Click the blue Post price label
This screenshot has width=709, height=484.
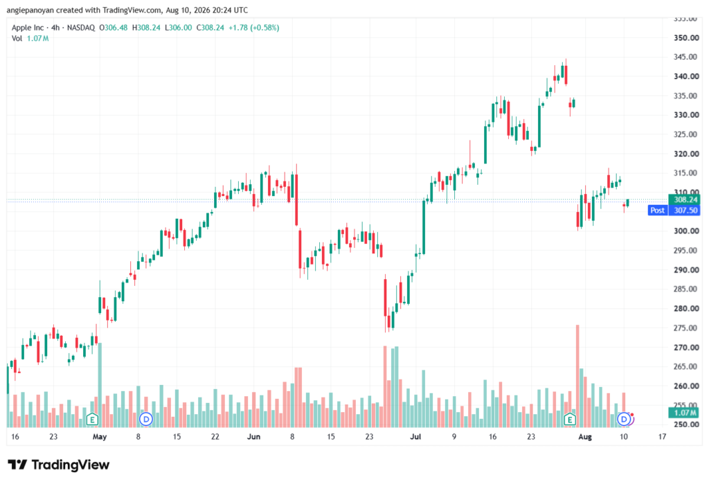[x=658, y=210]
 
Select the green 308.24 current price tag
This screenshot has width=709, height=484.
[x=685, y=199]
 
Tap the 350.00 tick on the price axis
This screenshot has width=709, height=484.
[x=686, y=38]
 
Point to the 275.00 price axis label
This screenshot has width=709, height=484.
[x=686, y=328]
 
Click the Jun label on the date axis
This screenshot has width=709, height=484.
[x=253, y=436]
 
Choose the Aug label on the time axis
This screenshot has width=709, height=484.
[x=585, y=437]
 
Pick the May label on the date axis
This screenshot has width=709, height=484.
[x=100, y=437]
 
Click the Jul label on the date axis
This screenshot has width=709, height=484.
[x=415, y=436]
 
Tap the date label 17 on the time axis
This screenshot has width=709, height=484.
[x=662, y=436]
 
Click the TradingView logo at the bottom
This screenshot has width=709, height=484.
[x=59, y=465]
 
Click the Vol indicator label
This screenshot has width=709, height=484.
[x=17, y=39]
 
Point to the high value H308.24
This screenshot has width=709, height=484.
[x=146, y=28]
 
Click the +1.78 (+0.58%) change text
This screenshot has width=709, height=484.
[x=253, y=28]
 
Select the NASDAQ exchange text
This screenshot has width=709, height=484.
[x=81, y=28]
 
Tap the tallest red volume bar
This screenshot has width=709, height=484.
[x=577, y=376]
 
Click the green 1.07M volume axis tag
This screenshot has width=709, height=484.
[x=685, y=413]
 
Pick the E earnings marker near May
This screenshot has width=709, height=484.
[x=92, y=420]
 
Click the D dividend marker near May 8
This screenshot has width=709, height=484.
[x=145, y=420]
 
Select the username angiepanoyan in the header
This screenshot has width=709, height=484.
[x=30, y=10]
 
